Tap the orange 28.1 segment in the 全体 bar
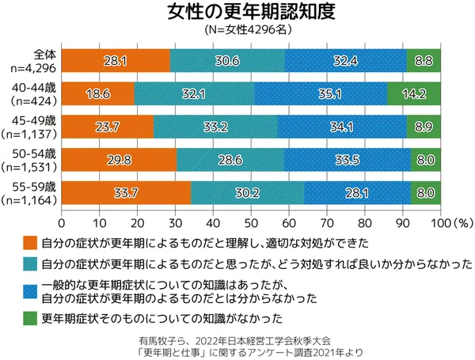pos(116,60)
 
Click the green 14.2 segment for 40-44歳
pos(414,93)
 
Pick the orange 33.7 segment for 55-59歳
pos(126,192)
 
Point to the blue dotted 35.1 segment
pos(321,93)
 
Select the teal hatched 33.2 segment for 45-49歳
pos(216,126)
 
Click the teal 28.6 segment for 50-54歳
pos(230,159)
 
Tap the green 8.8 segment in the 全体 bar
pos(424,60)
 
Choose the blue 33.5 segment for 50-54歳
pos(348,159)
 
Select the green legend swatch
pos(29,320)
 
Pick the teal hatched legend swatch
pos(29,263)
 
